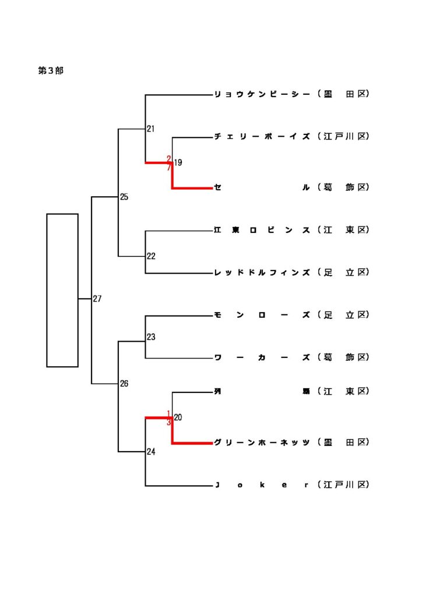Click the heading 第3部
[51, 70]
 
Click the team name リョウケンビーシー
[262, 94]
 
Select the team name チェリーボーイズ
[262, 137]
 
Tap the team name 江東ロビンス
[262, 230]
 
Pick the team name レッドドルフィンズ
[262, 272]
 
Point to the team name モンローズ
[262, 315]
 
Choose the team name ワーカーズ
[262, 358]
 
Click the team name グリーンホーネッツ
[262, 443]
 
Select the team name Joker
[262, 485]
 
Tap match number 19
[178, 163]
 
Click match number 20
[178, 417]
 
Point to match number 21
[150, 129]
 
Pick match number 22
[151, 256]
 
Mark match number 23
[151, 337]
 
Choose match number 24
[151, 452]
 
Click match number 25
[124, 197]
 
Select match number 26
[124, 384]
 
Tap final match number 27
[97, 299]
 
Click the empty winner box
[62, 290]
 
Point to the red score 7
[169, 168]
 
